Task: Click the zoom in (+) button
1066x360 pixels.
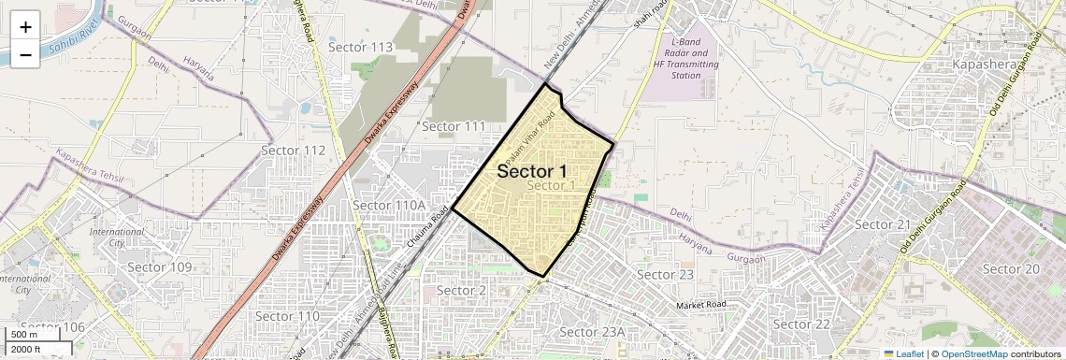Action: pyautogui.click(x=25, y=26)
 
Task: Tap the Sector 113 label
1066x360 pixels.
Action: pyautogui.click(x=361, y=48)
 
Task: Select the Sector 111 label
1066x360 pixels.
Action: pyautogui.click(x=454, y=126)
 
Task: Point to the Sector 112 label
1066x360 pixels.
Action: pyautogui.click(x=293, y=151)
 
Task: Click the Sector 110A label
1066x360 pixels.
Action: pyautogui.click(x=389, y=206)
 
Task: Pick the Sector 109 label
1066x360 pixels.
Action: pyautogui.click(x=159, y=267)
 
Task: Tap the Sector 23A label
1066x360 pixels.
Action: pyautogui.click(x=591, y=332)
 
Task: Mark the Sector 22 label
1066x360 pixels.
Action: pyautogui.click(x=802, y=324)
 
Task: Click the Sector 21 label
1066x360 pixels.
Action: pyautogui.click(x=882, y=224)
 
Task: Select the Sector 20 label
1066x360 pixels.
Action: pyautogui.click(x=1012, y=269)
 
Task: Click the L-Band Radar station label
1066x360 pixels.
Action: pyautogui.click(x=686, y=59)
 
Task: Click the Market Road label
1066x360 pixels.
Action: pyautogui.click(x=702, y=306)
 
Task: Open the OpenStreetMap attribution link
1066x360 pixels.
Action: pyautogui.click(x=973, y=353)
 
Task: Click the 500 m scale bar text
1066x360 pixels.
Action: pyautogui.click(x=25, y=335)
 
